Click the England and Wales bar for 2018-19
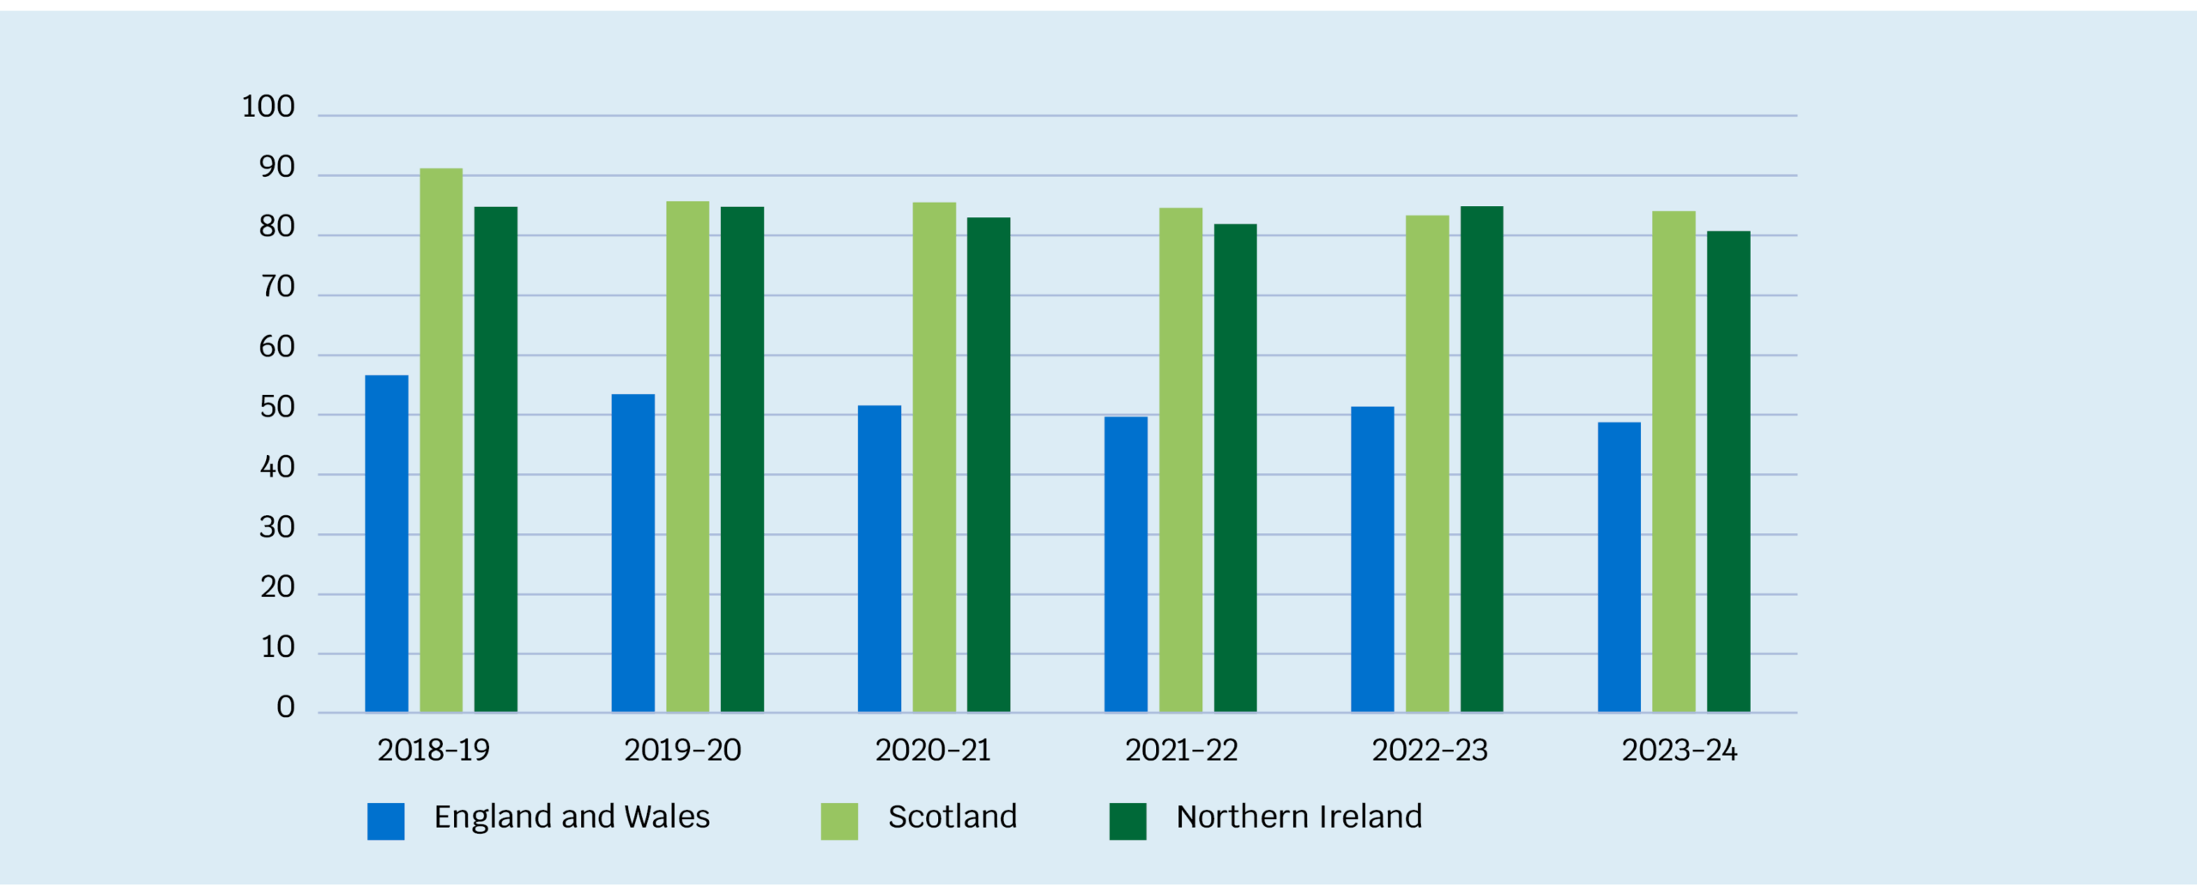(386, 544)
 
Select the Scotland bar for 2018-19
(441, 440)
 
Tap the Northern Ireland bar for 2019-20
(742, 459)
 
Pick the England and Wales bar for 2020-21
(880, 558)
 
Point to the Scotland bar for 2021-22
(1181, 459)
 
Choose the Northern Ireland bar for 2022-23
(1482, 459)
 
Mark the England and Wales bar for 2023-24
(1619, 567)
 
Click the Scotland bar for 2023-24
(1674, 461)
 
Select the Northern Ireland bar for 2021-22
(1236, 468)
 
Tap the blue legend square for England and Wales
(386, 821)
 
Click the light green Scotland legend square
(839, 821)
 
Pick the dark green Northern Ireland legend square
(1128, 821)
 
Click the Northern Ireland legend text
(1299, 817)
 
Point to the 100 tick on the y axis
(269, 107)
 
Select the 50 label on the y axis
(276, 408)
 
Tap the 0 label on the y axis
(285, 708)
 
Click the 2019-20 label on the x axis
(682, 750)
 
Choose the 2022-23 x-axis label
(1430, 750)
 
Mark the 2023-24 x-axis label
(1680, 750)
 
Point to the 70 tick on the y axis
(277, 288)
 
